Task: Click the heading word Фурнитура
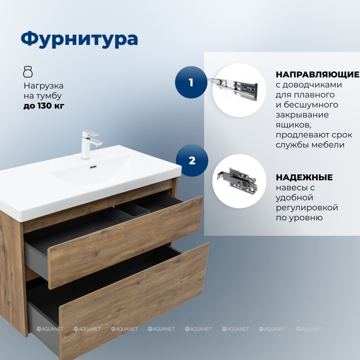coord(80,39)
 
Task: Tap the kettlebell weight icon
coord(28,72)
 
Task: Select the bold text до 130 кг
coord(44,106)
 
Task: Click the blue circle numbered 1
coord(191,82)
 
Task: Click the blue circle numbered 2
coord(192,161)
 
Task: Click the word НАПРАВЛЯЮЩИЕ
coord(318,75)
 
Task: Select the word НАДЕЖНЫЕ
coord(304,177)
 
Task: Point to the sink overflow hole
coord(93,167)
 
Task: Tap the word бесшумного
coord(311,105)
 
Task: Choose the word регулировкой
coord(307,208)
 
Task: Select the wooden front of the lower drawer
coord(135,301)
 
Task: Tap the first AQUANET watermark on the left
coord(50,329)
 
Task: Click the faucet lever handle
coord(91,133)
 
